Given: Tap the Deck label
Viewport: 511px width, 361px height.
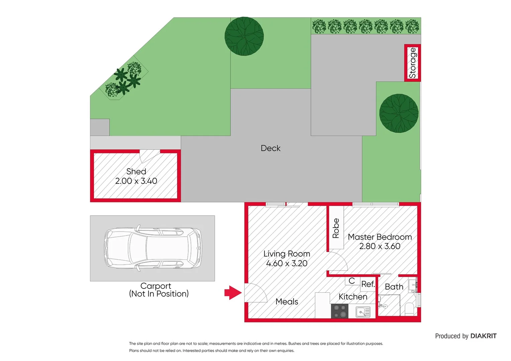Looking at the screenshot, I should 271,148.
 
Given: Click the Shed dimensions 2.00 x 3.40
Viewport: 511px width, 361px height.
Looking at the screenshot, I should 136,181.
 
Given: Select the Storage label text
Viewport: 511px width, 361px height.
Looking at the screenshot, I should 413,63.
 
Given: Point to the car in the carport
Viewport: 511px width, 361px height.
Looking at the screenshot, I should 153,248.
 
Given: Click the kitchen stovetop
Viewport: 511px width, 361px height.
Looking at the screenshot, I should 340,311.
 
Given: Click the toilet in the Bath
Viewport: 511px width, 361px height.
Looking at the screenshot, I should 409,309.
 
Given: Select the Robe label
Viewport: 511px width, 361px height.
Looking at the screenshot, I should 336,228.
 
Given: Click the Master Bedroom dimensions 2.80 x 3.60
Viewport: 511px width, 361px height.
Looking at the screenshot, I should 380,246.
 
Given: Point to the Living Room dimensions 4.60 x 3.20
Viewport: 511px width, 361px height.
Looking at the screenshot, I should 287,263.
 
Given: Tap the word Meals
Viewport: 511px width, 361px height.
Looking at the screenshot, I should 287,302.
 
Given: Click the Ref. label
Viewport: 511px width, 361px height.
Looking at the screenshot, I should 368,284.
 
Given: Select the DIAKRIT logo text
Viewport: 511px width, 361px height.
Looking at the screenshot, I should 483,336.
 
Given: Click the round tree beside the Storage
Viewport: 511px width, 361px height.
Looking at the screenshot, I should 399,113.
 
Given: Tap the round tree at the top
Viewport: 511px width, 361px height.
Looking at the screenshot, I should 244,36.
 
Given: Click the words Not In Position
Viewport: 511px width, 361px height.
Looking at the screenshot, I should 159,294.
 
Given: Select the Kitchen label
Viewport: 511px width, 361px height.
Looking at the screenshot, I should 353,297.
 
